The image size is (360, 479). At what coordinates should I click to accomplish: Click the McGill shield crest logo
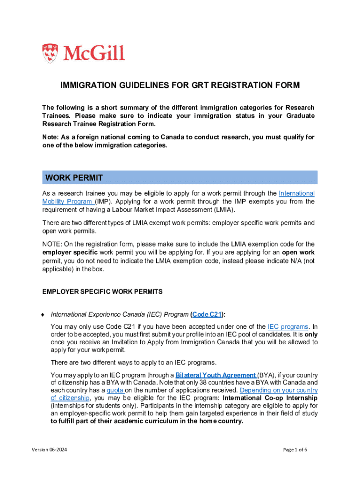[x=51, y=53]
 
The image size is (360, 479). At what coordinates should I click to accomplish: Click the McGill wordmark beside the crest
[x=94, y=53]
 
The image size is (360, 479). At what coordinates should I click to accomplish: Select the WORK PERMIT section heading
[x=74, y=178]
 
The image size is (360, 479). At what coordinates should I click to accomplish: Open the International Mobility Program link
[x=296, y=193]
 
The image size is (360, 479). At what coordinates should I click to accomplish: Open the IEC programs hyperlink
[x=288, y=327]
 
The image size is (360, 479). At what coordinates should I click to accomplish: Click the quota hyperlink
[x=115, y=390]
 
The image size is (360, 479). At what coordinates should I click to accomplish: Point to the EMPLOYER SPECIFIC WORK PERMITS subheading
[x=102, y=291]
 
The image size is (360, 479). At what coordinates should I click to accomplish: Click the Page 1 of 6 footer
[x=295, y=450]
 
